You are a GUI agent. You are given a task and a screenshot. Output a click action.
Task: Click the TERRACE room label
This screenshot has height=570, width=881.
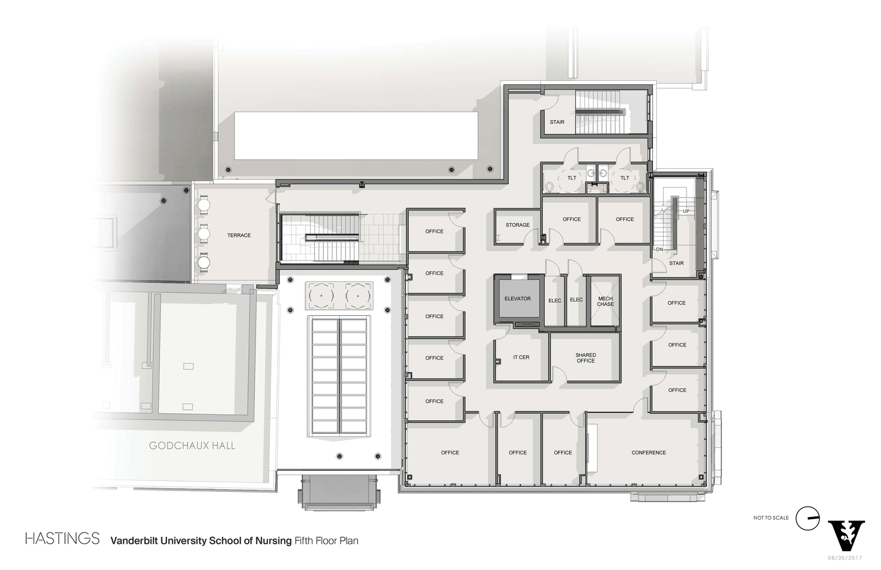pos(239,235)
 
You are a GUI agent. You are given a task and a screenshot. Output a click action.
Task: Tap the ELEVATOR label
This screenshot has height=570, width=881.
pos(517,299)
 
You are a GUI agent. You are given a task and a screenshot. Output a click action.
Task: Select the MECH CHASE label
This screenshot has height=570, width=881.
pos(605,302)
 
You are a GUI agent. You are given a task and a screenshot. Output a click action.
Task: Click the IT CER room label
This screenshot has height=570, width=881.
pos(521,357)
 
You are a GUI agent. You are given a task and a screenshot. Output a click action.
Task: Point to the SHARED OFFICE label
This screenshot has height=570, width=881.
pos(585,358)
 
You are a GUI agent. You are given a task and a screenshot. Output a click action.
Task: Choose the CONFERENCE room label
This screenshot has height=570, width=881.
pos(648,453)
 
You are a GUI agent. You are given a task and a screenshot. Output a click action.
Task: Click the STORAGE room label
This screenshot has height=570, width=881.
pos(517,225)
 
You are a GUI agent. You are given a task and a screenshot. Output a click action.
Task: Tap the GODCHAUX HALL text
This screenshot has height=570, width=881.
pos(192,446)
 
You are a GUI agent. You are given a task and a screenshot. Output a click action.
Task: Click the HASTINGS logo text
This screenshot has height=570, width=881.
pos(62,539)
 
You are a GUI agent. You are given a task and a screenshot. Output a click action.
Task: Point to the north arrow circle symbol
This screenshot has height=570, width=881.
pos(808,518)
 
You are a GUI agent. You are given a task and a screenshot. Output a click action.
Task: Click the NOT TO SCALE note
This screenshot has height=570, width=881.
pos(770,518)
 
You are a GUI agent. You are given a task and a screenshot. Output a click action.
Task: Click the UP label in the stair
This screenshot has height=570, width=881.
pos(686,211)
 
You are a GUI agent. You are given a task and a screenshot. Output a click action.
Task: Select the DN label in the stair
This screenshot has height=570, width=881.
pos(659,250)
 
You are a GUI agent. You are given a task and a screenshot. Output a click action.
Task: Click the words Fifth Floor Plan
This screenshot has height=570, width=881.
pos(326,540)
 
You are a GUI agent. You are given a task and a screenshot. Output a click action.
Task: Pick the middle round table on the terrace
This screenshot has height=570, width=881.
pos(204,234)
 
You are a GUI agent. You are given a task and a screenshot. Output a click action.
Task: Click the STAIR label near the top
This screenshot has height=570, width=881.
pos(557,123)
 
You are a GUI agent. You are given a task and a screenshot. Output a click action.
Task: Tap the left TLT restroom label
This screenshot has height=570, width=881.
pos(571,178)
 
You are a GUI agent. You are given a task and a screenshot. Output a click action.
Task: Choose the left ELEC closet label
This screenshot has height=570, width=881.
pos(554,300)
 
